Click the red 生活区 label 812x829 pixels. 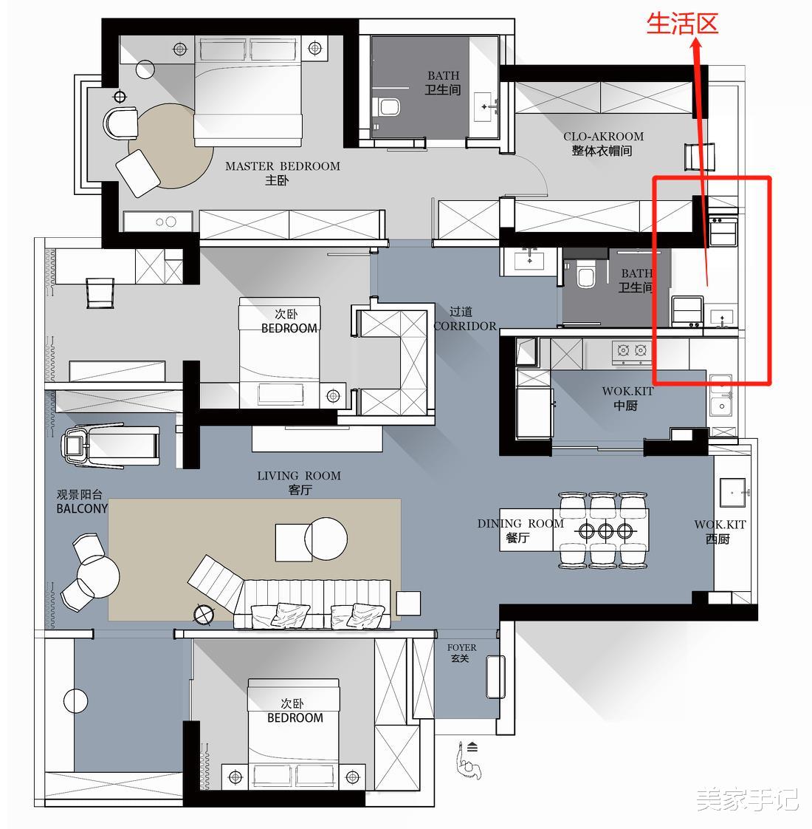[x=682, y=24]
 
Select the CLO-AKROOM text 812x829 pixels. [x=603, y=137]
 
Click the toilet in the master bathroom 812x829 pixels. [x=389, y=107]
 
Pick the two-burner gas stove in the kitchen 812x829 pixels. [x=632, y=350]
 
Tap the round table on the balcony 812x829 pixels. [x=98, y=576]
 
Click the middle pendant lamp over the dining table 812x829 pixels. [x=605, y=531]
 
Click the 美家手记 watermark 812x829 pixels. [x=746, y=799]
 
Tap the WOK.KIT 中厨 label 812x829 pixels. [x=627, y=399]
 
